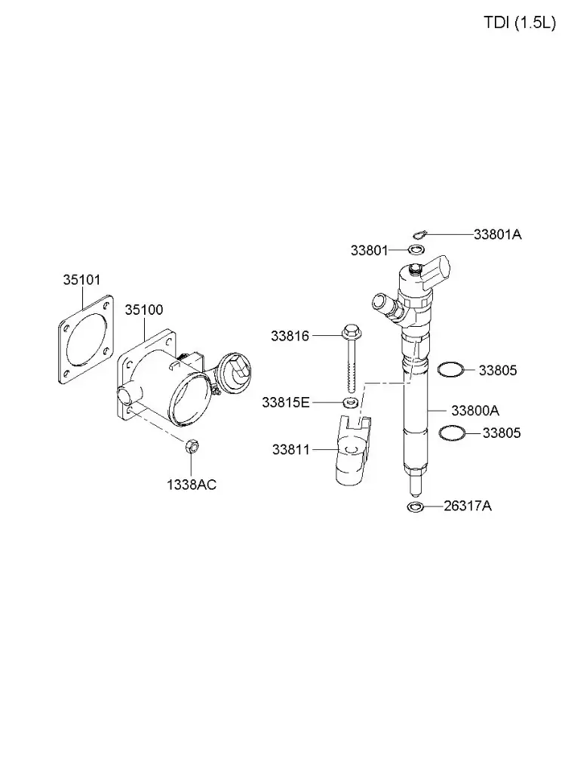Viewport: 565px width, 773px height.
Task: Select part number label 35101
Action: (81, 280)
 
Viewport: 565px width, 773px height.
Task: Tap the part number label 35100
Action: (143, 310)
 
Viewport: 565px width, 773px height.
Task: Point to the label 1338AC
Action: (192, 485)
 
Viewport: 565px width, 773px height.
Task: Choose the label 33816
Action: (290, 336)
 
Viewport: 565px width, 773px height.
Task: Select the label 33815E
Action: (285, 402)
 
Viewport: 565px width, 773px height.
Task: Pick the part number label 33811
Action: (290, 450)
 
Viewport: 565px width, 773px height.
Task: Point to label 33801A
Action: (497, 234)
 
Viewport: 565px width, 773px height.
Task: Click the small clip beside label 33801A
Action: (420, 233)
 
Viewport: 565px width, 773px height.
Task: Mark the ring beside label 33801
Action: (415, 250)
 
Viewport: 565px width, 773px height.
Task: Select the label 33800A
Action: (474, 411)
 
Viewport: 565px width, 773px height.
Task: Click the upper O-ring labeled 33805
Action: (450, 370)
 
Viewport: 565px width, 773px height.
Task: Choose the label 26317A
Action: (467, 506)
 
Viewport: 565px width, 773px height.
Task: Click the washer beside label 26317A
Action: (415, 506)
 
